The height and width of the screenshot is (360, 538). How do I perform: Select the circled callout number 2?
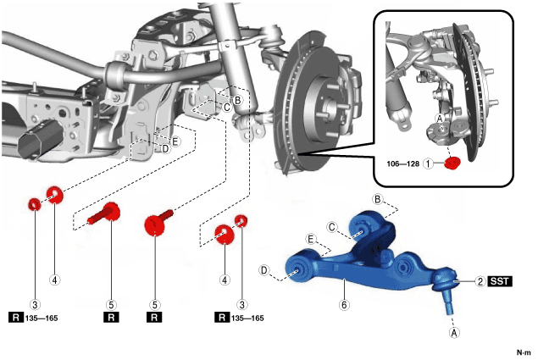coord(480,281)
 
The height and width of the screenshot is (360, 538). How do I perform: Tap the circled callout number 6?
coord(344,303)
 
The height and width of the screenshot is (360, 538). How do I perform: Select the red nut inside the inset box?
coord(452,162)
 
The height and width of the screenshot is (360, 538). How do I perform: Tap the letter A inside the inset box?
coord(438,119)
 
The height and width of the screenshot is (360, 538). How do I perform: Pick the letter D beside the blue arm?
coord(264,270)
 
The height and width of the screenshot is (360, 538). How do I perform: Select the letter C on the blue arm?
coord(333,227)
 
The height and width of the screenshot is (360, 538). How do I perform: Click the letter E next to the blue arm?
coord(312,239)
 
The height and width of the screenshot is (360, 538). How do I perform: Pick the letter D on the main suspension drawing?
coord(165,148)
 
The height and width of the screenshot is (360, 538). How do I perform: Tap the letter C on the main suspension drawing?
coord(227,107)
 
